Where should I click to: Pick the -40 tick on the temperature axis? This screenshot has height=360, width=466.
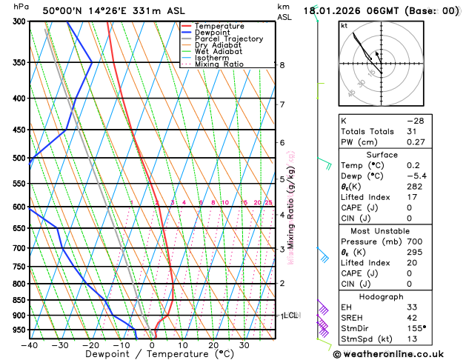[30, 345]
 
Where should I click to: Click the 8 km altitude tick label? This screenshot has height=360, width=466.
[282, 65]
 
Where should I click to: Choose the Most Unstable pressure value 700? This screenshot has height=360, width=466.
[414, 241]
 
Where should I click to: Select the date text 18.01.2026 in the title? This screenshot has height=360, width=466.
[332, 11]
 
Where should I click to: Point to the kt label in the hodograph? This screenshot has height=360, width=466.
[344, 26]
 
